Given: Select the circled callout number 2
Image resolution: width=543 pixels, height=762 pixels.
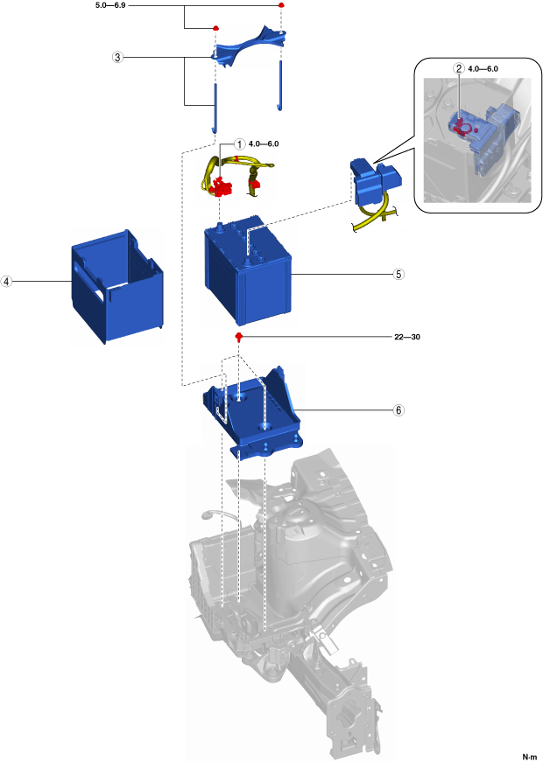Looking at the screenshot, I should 458,68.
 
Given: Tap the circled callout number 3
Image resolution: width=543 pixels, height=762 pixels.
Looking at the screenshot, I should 117,57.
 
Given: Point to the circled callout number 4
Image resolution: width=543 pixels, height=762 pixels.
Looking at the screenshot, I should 7,282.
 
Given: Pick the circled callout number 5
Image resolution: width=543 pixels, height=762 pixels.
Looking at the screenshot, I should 398,273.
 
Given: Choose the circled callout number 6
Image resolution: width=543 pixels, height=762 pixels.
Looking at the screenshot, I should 398,409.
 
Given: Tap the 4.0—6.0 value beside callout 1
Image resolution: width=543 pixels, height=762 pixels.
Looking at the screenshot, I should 264,143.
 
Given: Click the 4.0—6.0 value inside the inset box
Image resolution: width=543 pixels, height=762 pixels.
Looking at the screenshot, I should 484,68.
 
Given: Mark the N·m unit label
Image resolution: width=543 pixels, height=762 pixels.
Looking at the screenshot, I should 529,756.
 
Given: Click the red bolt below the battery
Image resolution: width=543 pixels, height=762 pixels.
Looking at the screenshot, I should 238,336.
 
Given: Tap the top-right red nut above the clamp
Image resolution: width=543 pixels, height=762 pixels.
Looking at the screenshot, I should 282,5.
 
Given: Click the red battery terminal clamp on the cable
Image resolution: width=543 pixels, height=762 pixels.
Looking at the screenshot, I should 223,186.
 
